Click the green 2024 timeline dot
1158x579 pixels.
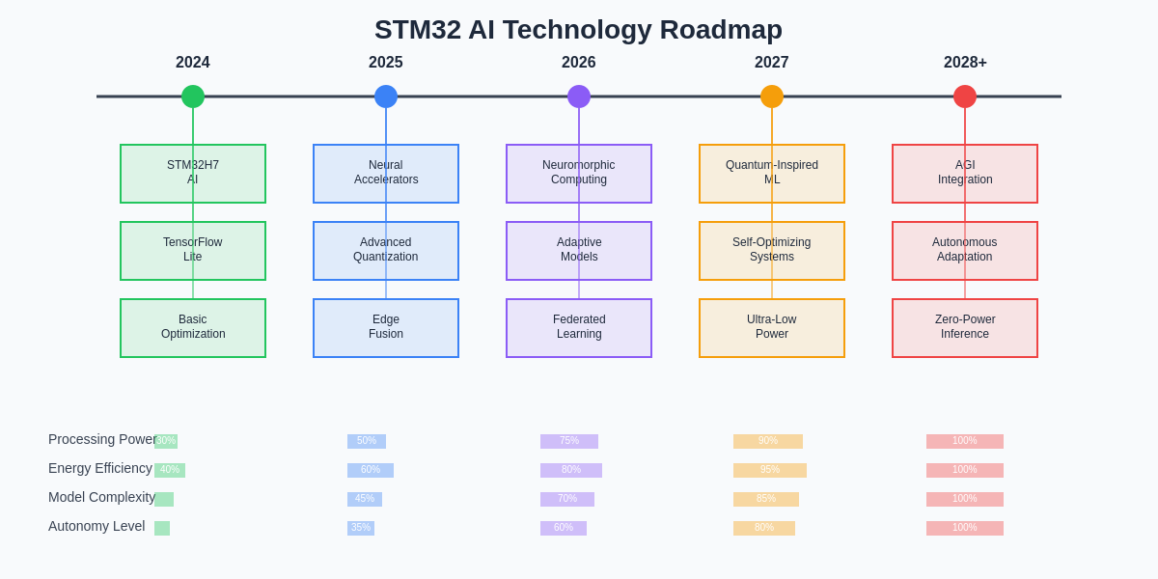pyautogui.click(x=193, y=96)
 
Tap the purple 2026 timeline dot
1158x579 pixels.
pyautogui.click(x=579, y=96)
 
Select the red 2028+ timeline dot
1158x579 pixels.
pyautogui.click(x=965, y=96)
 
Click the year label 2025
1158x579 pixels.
pyautogui.click(x=386, y=63)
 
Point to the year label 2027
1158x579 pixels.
pyautogui.click(x=772, y=63)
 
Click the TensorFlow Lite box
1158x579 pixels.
pyautogui.click(x=193, y=251)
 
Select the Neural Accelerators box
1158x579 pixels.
pyautogui.click(x=386, y=174)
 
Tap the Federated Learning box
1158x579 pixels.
pyautogui.click(x=579, y=328)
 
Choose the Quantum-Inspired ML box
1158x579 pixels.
pyautogui.click(x=772, y=174)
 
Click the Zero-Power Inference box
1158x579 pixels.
pyautogui.click(x=965, y=328)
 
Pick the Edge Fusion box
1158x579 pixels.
pyautogui.click(x=386, y=328)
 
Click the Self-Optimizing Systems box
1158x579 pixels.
pyautogui.click(x=772, y=251)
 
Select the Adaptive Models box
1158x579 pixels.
pyautogui.click(x=579, y=251)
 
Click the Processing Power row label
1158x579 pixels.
pyautogui.click(x=102, y=440)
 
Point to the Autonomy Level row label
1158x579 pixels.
pyautogui.click(x=96, y=527)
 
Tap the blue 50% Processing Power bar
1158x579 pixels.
pyautogui.click(x=367, y=441)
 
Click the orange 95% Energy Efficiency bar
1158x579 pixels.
pyautogui.click(x=770, y=470)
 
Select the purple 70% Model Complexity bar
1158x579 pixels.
pyautogui.click(x=567, y=499)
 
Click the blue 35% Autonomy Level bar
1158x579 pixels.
pyautogui.click(x=361, y=528)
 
